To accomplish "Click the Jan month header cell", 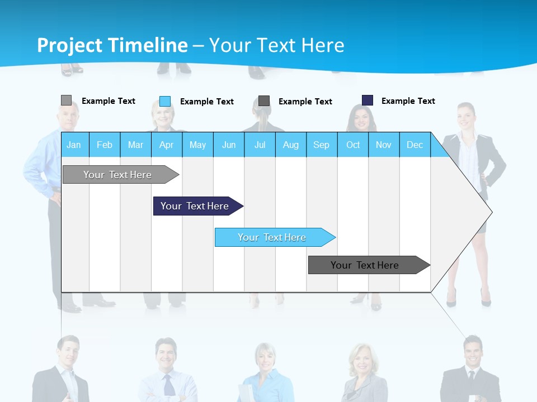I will [74, 145].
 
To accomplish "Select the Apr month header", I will [167, 145].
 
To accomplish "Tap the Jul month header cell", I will [260, 145].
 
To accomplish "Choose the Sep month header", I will [321, 145].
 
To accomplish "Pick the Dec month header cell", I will [414, 145].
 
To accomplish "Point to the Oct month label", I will [353, 145].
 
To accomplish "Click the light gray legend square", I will [66, 100].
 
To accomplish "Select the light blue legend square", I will [164, 101].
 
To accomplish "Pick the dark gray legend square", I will [263, 101].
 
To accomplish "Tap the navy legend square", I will [367, 100].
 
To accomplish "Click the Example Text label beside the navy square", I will [408, 101].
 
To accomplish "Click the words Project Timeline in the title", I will [112, 45].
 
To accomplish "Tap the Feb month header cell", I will [105, 145].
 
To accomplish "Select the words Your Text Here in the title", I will [277, 45].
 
